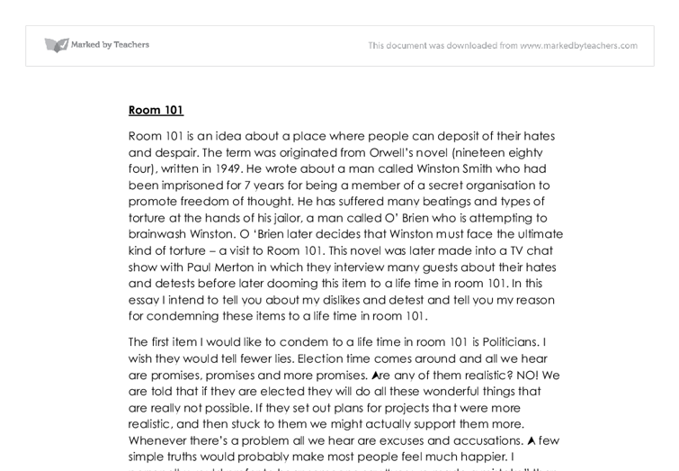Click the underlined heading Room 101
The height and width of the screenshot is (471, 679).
coord(156,110)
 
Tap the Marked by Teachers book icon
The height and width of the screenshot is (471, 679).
coord(56,45)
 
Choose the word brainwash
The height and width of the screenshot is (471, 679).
coord(159,233)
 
